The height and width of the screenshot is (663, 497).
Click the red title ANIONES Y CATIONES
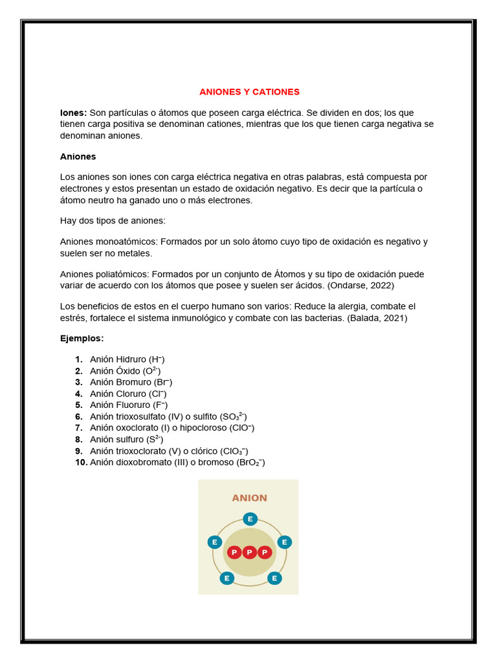(x=249, y=92)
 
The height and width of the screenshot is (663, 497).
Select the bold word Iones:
(x=73, y=113)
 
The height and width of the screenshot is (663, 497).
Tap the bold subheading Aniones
(x=78, y=157)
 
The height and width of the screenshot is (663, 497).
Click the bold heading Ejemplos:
(x=82, y=339)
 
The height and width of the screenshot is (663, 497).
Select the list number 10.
(x=81, y=462)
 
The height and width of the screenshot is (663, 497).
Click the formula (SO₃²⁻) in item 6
(x=234, y=416)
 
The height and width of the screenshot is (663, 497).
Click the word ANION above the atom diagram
(x=249, y=498)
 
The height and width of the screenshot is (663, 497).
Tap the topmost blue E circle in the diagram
(x=249, y=519)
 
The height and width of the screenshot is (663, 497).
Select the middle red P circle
(x=249, y=552)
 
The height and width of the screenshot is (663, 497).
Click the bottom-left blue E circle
(x=226, y=578)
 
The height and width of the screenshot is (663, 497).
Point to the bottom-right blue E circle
(x=274, y=578)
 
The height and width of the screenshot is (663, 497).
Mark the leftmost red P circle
(x=234, y=552)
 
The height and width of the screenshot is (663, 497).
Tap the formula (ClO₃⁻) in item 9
(x=234, y=451)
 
